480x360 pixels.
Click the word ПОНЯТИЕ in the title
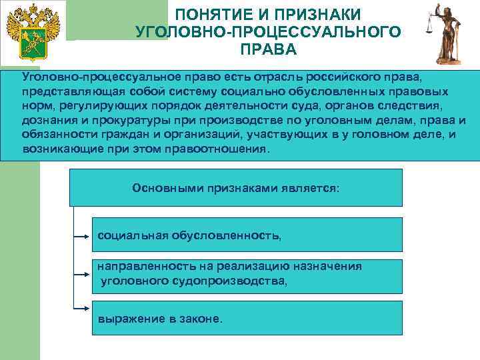pos(217,14)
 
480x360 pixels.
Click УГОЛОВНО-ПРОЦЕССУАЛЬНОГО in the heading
pos(268,31)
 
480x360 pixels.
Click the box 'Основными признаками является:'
pos(236,187)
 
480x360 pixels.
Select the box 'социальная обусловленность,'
pos(246,234)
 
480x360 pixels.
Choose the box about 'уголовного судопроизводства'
pos(246,276)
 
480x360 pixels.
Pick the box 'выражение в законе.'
pos(246,318)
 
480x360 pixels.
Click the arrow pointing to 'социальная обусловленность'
pos(84,235)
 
